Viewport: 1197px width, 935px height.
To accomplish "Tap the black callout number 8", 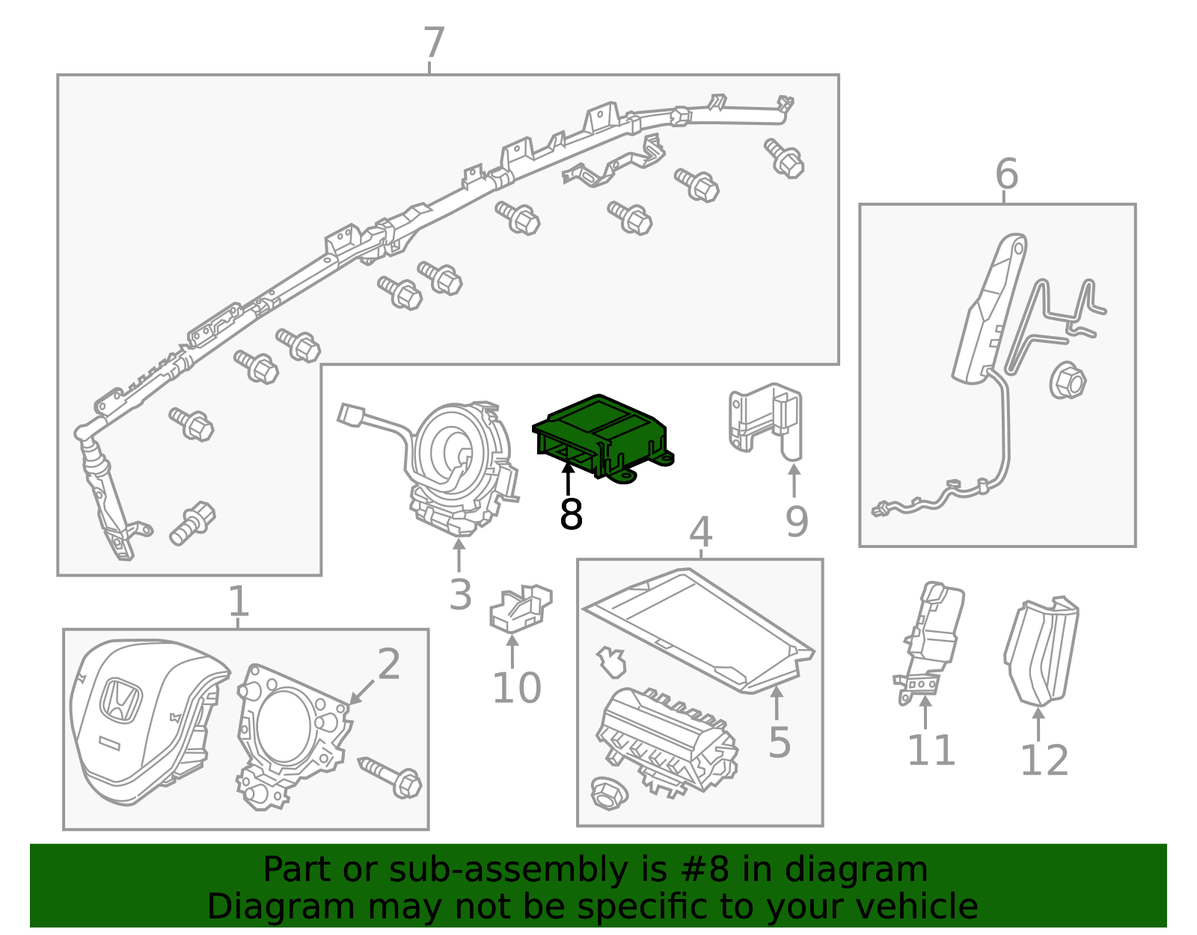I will click(x=571, y=515).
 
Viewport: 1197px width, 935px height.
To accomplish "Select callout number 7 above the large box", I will click(x=434, y=43).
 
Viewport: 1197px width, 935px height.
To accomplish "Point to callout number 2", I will click(x=389, y=664).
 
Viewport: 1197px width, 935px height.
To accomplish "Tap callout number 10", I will click(x=516, y=688).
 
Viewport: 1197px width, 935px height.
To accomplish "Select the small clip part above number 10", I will click(x=520, y=607).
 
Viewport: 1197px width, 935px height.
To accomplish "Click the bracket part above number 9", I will click(x=765, y=419).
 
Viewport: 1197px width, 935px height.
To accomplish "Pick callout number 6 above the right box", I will click(x=1006, y=174).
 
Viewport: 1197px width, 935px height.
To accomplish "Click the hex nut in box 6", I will click(x=1068, y=380).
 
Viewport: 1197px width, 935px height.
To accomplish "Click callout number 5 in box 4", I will click(x=780, y=742).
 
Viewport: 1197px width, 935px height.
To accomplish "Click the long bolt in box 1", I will click(x=391, y=776).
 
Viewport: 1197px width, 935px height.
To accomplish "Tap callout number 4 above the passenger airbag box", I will click(x=700, y=533).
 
